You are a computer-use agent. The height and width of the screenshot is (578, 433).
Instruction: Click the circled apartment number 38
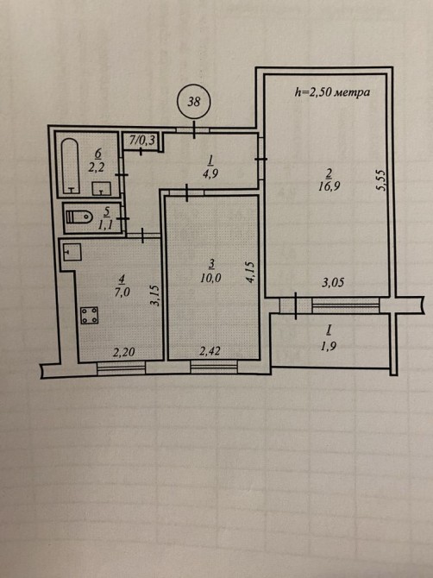[194, 102]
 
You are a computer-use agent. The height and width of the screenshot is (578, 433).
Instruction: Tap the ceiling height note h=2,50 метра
[332, 91]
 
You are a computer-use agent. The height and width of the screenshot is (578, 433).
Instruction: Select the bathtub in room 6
[70, 166]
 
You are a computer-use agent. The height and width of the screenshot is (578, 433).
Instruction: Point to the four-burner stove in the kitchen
[90, 315]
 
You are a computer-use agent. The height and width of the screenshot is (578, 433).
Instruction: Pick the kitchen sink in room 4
[72, 252]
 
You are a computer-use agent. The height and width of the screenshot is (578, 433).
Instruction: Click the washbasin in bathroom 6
[101, 188]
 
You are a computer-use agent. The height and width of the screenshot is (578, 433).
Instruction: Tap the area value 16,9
[329, 186]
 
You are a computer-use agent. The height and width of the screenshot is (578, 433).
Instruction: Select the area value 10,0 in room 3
[210, 278]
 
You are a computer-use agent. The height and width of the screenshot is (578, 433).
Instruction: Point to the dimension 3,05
[333, 283]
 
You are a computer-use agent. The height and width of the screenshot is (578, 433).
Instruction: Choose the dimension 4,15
[249, 272]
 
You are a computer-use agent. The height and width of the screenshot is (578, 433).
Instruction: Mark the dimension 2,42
[210, 351]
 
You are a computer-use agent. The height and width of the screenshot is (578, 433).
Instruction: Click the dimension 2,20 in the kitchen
[123, 353]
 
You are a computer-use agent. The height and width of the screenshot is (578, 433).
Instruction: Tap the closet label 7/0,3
[142, 140]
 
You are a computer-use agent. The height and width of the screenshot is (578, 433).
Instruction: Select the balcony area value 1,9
[329, 346]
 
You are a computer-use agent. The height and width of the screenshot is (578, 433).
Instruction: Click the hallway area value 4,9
[211, 173]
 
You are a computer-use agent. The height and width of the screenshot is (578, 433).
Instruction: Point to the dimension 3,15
[155, 295]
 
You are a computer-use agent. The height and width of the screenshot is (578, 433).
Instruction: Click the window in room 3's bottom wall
[214, 368]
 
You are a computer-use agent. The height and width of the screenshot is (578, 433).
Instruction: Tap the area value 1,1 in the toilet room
[105, 225]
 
